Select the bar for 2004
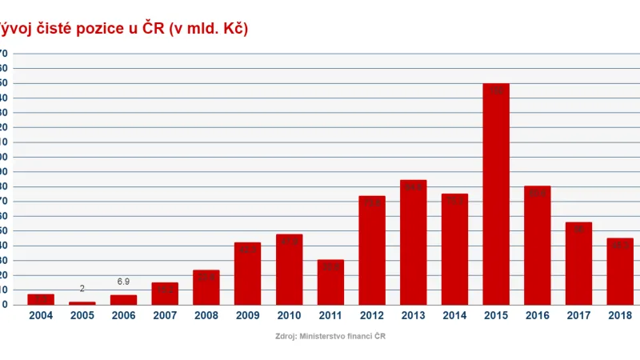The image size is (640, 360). click(x=41, y=299)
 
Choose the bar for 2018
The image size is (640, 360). click(x=620, y=271)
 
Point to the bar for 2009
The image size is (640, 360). click(x=247, y=273)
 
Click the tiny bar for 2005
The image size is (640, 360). click(x=82, y=303)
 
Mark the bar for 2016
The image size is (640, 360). click(x=538, y=245)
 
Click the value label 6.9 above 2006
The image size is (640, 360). click(x=123, y=282)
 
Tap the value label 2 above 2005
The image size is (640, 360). click(x=82, y=289)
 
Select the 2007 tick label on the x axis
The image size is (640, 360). click(x=165, y=316)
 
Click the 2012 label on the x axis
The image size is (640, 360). click(x=372, y=316)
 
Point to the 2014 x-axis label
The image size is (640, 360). click(x=454, y=316)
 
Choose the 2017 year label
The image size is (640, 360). click(x=578, y=316)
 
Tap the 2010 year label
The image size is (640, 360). click(x=289, y=316)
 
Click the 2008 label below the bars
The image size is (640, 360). click(x=206, y=316)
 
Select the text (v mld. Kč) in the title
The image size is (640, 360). click(x=209, y=29)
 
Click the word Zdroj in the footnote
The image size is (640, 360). click(x=285, y=337)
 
